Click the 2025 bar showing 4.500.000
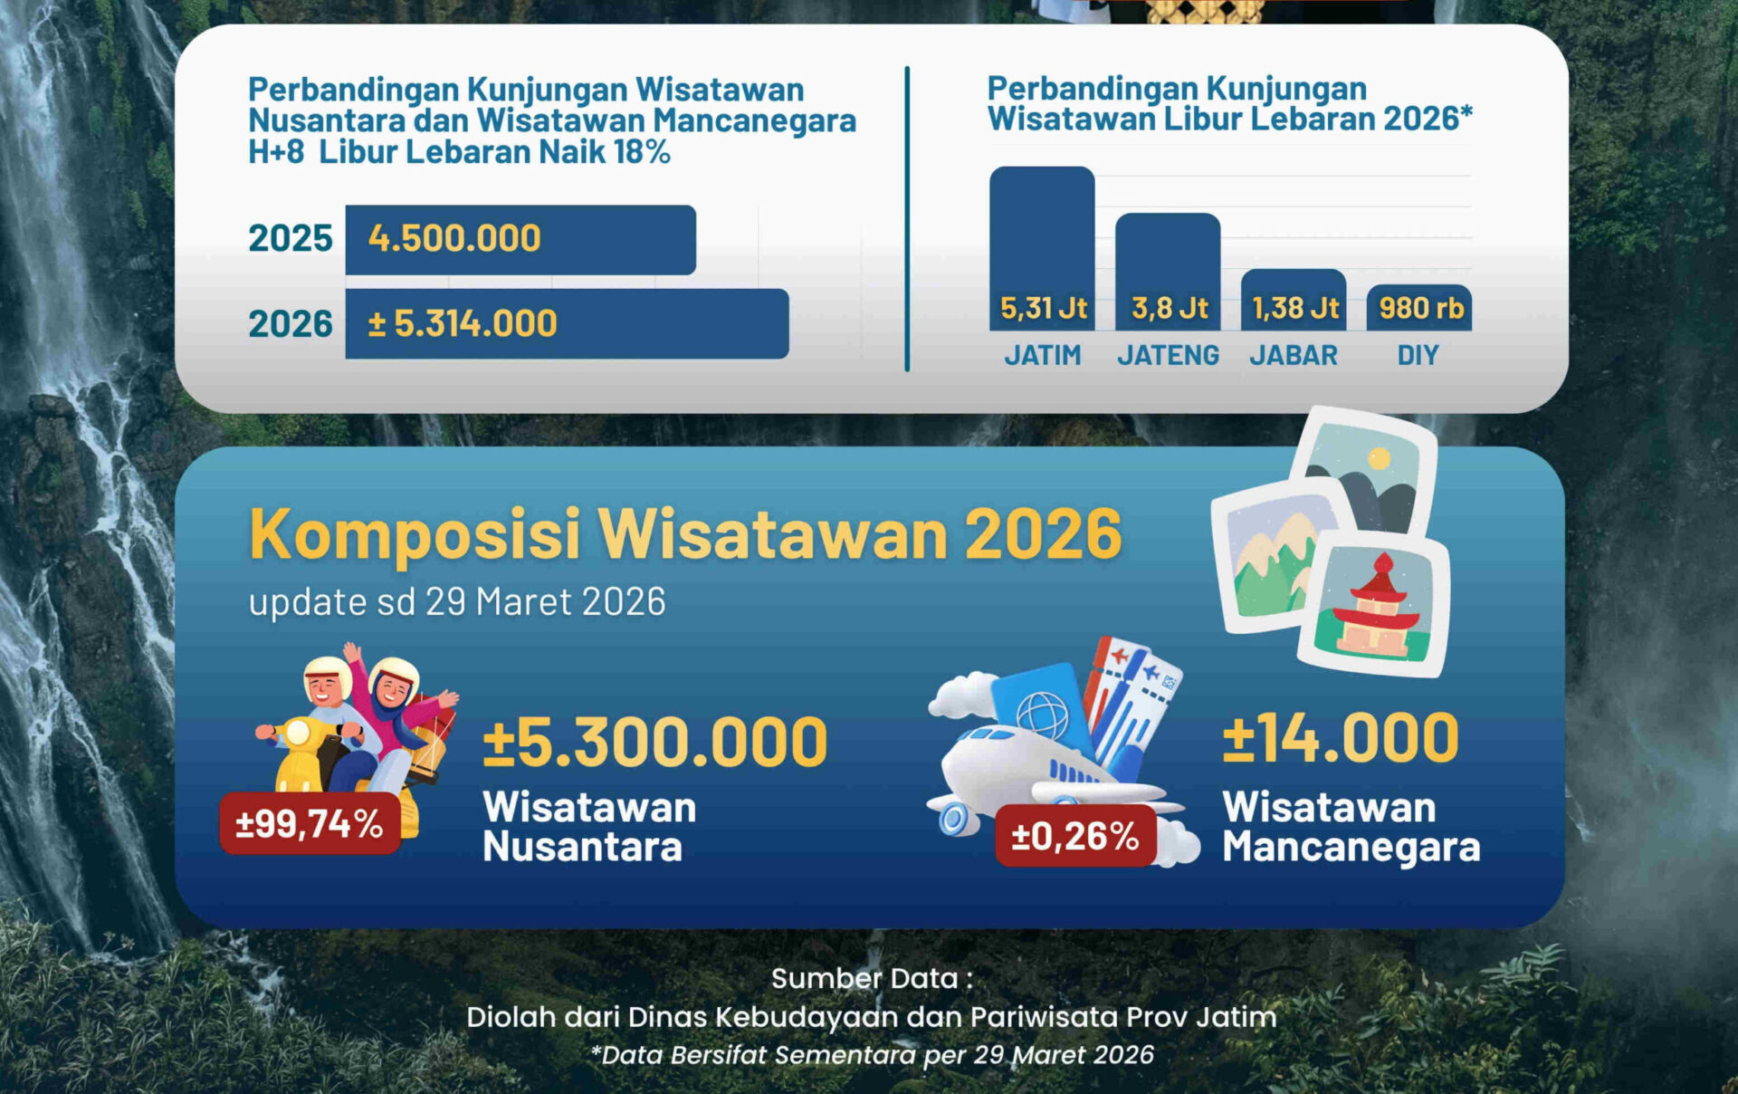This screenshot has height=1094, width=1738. coord(520,239)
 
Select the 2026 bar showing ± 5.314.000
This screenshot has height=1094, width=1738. coord(567,323)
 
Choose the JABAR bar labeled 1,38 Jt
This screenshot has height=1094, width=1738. coord(1294,299)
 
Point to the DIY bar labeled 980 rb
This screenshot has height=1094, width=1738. coord(1419,308)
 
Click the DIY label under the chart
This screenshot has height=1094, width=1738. coord(1418,355)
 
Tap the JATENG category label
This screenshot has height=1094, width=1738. coord(1168,355)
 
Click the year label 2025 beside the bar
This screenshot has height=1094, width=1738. coord(291,238)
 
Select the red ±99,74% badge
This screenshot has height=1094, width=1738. coord(310,824)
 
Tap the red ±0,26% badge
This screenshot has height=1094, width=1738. coord(1075,836)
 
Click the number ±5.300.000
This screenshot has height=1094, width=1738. coord(654,742)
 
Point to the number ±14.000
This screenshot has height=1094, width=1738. coord(1341,738)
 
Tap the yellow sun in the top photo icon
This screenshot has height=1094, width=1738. coord(1379,458)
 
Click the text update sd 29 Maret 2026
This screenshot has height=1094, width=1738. coord(457,602)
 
